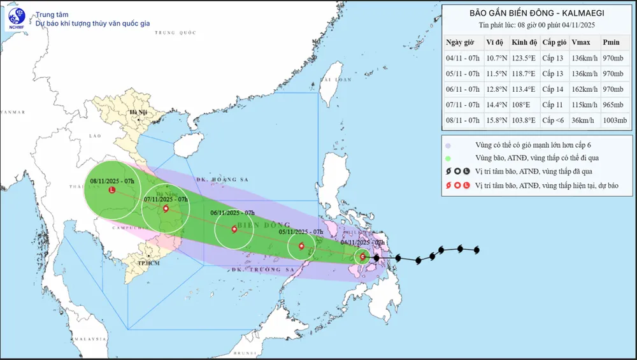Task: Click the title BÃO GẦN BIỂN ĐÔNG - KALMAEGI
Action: tap(537, 13)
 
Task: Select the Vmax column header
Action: tap(580, 42)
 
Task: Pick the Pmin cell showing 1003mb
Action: tap(614, 120)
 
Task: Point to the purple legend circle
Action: tap(449, 145)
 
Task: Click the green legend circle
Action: tap(449, 158)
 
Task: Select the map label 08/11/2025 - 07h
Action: tap(111, 182)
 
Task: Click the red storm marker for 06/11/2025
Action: tap(234, 229)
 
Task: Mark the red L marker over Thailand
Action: tap(113, 190)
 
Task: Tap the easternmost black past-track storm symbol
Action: tap(476, 250)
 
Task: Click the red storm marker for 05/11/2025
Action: tap(301, 246)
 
